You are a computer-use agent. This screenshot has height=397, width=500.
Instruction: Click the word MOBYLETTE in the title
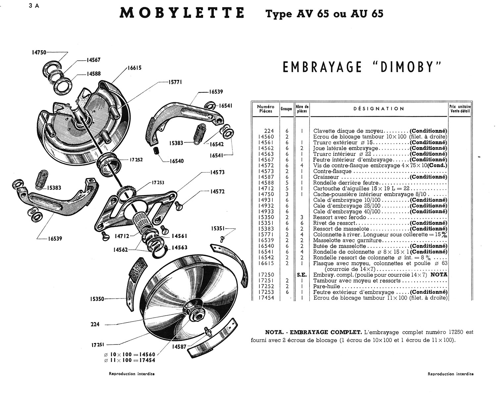pyautogui.click(x=182, y=13)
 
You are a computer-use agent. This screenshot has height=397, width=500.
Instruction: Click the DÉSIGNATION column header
pyautogui.click(x=378, y=109)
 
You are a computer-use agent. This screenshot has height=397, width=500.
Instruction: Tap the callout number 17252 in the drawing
pyautogui.click(x=136, y=159)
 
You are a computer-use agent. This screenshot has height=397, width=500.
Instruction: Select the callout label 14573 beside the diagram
pyautogui.click(x=217, y=172)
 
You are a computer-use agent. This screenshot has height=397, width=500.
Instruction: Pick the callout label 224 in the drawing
pyautogui.click(x=95, y=324)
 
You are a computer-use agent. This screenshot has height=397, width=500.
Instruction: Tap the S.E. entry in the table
pyautogui.click(x=302, y=275)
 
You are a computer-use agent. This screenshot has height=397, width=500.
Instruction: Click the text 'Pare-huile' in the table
pyautogui.click(x=326, y=287)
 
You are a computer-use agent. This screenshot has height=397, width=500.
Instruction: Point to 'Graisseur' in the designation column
pyautogui.click(x=326, y=177)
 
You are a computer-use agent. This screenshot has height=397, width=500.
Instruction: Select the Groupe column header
pyautogui.click(x=286, y=109)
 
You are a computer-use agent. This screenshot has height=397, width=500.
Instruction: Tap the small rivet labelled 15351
pyautogui.click(x=223, y=237)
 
